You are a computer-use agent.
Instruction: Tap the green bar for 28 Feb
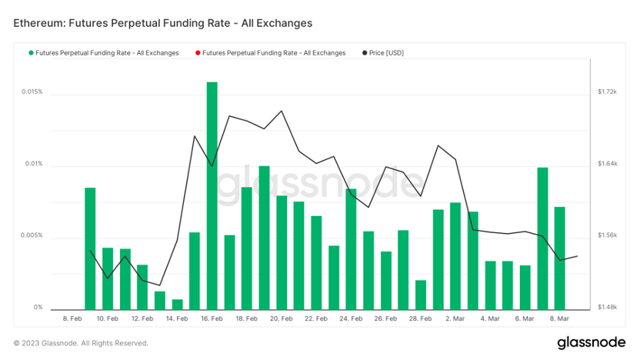(x=421, y=295)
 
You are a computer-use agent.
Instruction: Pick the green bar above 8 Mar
(x=560, y=258)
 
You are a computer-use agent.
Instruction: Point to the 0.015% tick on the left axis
(x=32, y=92)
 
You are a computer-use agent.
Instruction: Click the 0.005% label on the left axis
(x=32, y=235)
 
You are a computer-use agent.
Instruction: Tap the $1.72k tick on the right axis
(x=608, y=92)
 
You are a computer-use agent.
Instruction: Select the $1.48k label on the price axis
(x=608, y=308)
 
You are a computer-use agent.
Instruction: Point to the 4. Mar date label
(x=490, y=318)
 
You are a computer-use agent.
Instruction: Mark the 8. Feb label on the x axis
(x=72, y=318)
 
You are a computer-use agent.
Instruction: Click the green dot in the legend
(x=31, y=53)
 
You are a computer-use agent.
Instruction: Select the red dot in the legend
(x=198, y=53)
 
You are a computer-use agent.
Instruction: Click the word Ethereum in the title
(x=39, y=23)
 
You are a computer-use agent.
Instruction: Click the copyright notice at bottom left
(x=81, y=343)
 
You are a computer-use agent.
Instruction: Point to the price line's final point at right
(x=577, y=256)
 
